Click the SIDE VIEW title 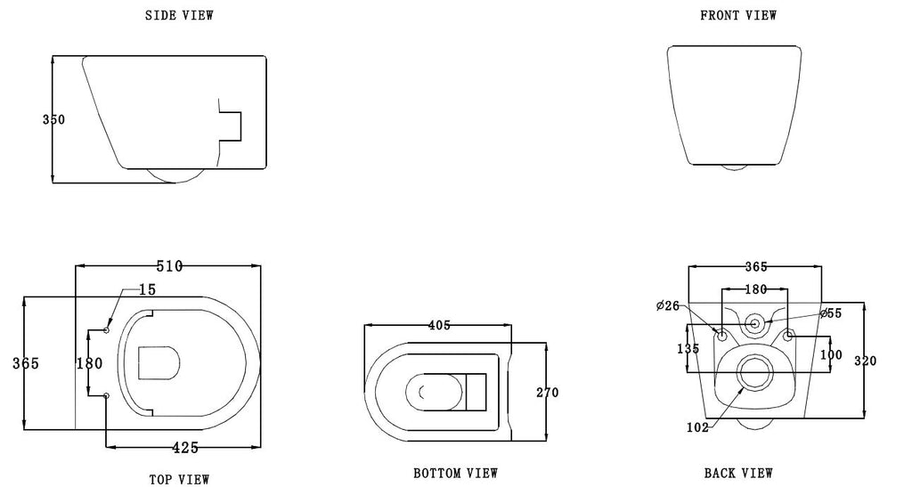[x=179, y=15]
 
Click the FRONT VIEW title [x=738, y=15]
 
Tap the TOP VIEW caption [x=179, y=479]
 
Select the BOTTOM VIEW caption [x=456, y=473]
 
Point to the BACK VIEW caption [x=738, y=473]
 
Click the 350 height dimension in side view [x=53, y=119]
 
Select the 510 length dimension [x=169, y=266]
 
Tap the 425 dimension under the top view [x=185, y=447]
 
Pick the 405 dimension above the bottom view [x=439, y=326]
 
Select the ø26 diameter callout [x=668, y=306]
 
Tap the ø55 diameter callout [x=831, y=313]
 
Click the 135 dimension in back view [x=689, y=350]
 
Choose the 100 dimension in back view [x=830, y=354]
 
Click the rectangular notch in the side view [x=232, y=126]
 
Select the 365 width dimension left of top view [x=25, y=363]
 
